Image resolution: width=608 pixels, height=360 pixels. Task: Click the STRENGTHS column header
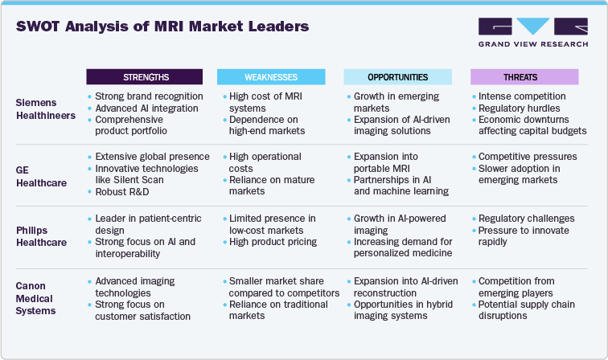coord(146,77)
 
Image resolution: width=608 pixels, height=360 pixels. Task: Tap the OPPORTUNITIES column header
coord(398,77)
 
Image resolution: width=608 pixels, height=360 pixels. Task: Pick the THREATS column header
coord(525,77)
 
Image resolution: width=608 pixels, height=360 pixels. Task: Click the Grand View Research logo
coord(532,31)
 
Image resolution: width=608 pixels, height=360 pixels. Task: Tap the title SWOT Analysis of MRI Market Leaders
coord(162,27)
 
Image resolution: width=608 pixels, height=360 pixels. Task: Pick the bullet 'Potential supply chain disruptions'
coord(528,310)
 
